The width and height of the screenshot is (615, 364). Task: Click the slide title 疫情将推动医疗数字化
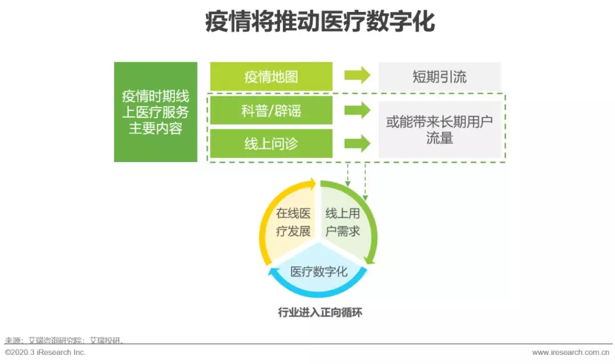[319, 22]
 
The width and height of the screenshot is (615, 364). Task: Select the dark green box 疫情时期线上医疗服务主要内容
[155, 111]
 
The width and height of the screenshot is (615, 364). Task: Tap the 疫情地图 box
[271, 76]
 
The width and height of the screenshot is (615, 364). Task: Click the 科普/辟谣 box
[271, 111]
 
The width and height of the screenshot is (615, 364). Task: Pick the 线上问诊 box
[271, 144]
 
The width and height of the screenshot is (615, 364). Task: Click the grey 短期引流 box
[440, 76]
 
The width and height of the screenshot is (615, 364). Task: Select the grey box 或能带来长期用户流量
[440, 130]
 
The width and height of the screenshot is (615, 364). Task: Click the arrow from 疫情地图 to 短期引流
[357, 75]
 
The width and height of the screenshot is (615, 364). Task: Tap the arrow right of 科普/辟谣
[357, 110]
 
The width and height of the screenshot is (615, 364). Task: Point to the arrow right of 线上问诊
[357, 143]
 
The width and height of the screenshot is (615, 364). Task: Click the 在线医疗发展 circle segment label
[293, 222]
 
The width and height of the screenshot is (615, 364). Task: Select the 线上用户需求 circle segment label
[342, 222]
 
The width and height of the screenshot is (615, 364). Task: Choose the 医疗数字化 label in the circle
[318, 271]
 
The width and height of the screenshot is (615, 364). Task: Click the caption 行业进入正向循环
[320, 312]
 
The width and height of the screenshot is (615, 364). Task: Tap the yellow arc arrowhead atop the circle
[312, 184]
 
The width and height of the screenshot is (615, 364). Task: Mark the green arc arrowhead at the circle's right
[370, 260]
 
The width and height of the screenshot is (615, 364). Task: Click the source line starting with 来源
[64, 340]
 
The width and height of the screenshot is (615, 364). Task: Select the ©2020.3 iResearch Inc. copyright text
[45, 352]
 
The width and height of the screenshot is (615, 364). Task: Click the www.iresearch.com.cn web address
[571, 352]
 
